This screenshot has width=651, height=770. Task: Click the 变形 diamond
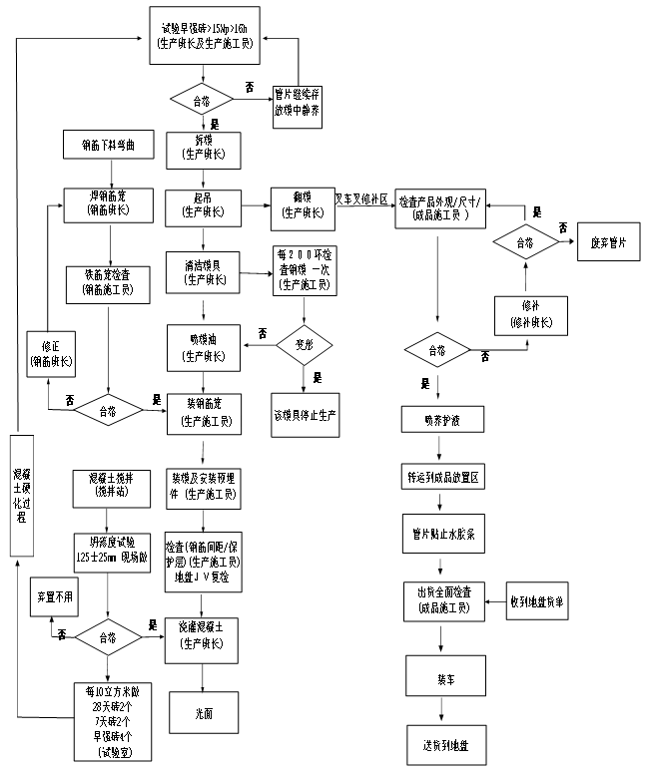304,345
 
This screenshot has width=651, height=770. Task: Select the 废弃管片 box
608,242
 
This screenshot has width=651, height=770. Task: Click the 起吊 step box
204,205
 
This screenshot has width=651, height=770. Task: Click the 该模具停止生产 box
305,414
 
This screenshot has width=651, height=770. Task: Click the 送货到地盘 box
445,745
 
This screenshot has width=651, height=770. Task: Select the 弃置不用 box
55,595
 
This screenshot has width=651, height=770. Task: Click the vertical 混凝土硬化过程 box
22,495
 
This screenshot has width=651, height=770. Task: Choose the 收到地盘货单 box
541,601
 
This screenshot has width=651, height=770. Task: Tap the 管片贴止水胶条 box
442,534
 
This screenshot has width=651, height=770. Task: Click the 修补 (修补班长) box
530,316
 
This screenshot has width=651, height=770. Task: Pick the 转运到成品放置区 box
442,477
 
